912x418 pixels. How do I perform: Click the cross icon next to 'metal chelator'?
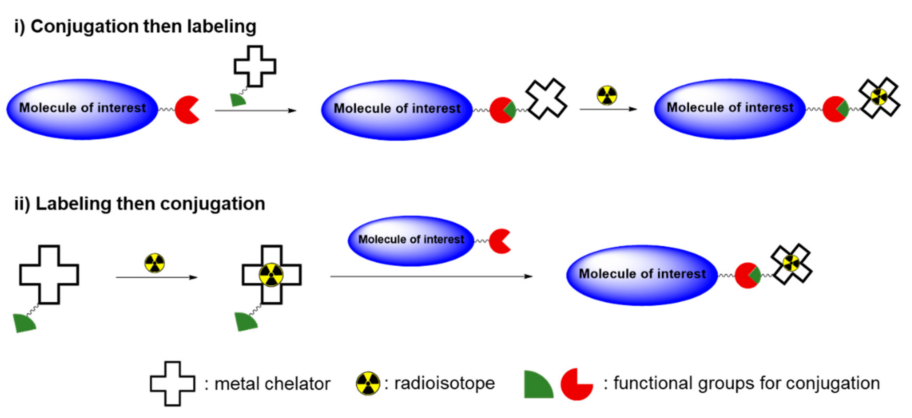172,383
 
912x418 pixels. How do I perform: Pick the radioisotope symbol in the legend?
368,383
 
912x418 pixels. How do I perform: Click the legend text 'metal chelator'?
272,384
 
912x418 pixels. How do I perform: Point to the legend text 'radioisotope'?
444,383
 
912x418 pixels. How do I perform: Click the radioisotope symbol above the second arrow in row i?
607,95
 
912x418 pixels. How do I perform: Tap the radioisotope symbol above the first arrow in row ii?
155,263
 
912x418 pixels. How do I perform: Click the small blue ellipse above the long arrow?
411,241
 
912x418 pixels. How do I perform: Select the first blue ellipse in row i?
82,109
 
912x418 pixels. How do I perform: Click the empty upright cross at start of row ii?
49,275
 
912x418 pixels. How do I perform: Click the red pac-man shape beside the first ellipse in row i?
186,110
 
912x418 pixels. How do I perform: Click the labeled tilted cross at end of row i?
879,97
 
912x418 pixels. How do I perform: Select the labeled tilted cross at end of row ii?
791,263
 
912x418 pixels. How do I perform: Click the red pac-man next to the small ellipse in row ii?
499,241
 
